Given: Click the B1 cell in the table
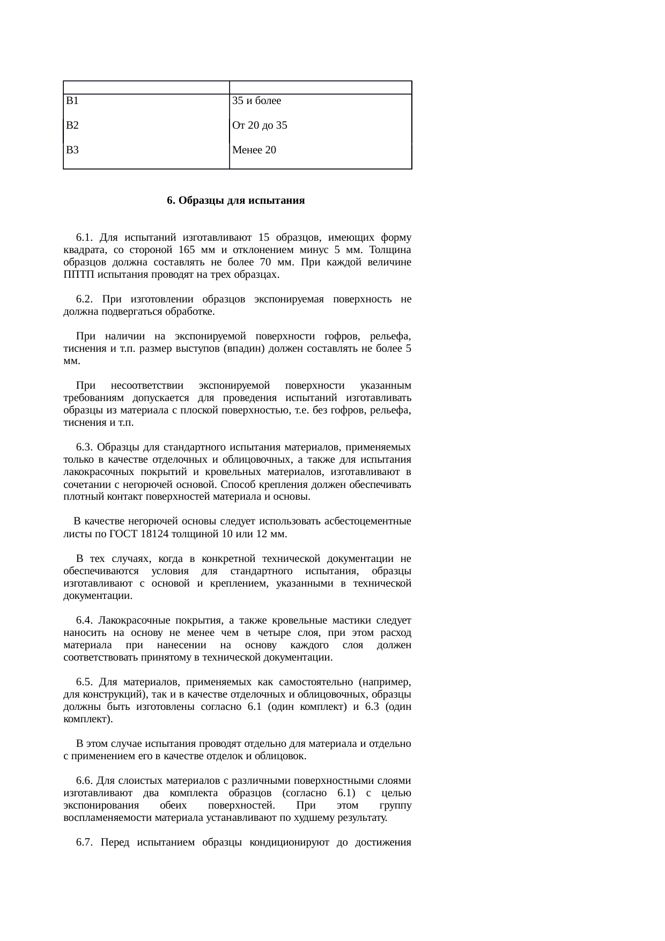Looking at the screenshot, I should pos(72,101).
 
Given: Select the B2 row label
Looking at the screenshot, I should pos(72,125).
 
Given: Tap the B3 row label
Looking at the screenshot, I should pos(72,150).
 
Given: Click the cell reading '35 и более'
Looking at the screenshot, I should pos(256,101).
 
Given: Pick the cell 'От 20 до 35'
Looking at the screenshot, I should pos(260,125).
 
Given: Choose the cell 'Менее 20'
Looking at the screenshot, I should pos(254,150).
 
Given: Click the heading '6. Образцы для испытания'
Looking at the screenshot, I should pos(236,201).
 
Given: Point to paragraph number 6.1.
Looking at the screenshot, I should pos(85,238).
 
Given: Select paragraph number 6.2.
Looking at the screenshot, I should pos(85,299).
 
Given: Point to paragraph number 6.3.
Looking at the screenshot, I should pos(85,447).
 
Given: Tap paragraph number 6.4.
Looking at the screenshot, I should pos(85,620).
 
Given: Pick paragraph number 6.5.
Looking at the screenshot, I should pos(85,682).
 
